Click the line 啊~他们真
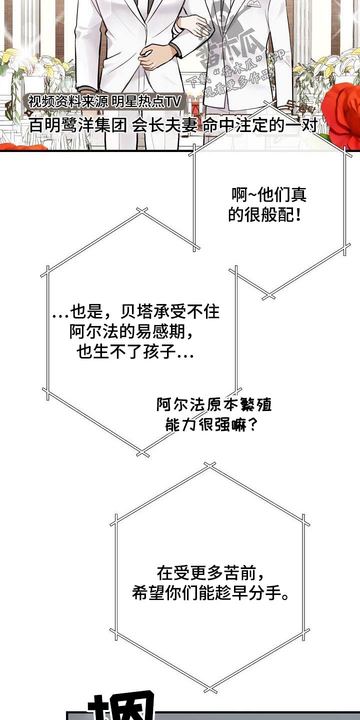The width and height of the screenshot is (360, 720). tap(269, 195)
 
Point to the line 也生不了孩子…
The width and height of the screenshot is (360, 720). tap(135, 353)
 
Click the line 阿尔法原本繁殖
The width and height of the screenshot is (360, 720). tap(213, 405)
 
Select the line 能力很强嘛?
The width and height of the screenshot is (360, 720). tap(211, 425)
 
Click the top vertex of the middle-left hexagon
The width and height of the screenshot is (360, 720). tap(142, 211)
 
